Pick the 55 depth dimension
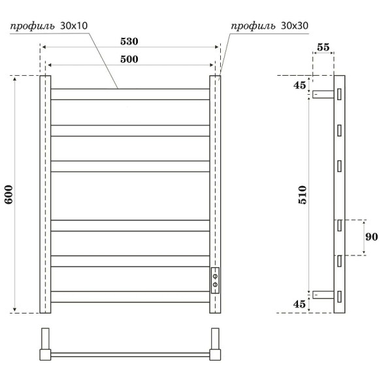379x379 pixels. [x=323, y=48]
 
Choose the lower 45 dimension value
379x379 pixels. [x=299, y=303]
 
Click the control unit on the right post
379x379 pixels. [x=215, y=280]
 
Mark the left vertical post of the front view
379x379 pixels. [x=46, y=194]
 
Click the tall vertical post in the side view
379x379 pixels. [x=339, y=194]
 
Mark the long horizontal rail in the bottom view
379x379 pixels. [x=130, y=355]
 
